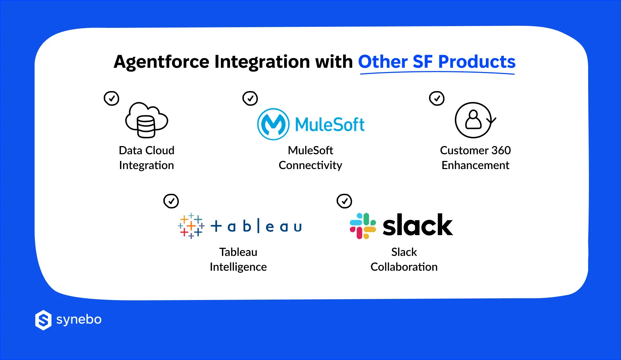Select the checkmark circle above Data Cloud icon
(x=111, y=98)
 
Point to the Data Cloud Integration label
(x=146, y=158)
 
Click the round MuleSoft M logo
(x=273, y=124)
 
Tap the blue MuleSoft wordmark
(x=330, y=125)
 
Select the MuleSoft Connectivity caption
(x=310, y=158)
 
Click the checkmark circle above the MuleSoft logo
(x=250, y=98)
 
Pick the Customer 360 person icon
(x=474, y=120)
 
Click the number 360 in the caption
(x=501, y=150)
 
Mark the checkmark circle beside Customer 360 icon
(x=437, y=98)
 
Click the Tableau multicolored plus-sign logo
(x=191, y=226)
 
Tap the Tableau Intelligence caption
(x=238, y=259)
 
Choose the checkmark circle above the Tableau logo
(x=171, y=201)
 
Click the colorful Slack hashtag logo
(x=363, y=226)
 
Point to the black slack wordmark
(x=417, y=225)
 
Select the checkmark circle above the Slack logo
(x=344, y=201)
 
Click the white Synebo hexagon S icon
(x=43, y=320)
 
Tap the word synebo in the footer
(x=79, y=319)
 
